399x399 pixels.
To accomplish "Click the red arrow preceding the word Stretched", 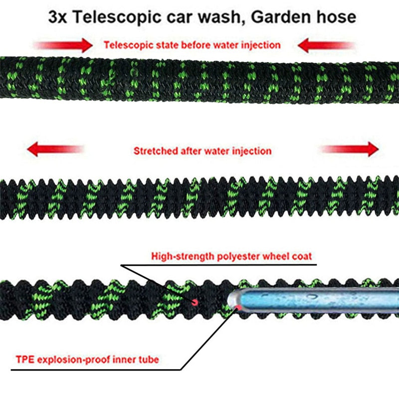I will pos(54,149).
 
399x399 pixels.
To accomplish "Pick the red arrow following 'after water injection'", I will pos(349,149).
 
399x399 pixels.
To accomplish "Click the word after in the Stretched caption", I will pos(189,151).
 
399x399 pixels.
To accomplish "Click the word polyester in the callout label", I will pos(235,256).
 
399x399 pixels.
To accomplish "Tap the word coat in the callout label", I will pos(301,256).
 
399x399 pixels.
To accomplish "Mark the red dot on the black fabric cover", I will pos(195,301).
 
